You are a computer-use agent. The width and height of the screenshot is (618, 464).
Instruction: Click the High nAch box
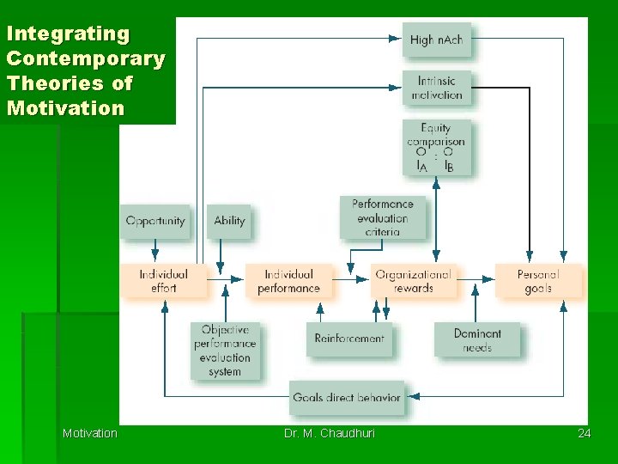(436, 40)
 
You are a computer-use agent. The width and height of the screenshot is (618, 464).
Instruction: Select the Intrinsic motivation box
(437, 88)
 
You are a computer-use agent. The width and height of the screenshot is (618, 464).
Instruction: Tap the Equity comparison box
(436, 147)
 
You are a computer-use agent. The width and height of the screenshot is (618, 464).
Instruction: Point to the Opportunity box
(154, 221)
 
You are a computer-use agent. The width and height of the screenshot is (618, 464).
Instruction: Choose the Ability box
(229, 221)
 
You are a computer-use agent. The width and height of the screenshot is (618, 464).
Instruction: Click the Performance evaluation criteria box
(382, 217)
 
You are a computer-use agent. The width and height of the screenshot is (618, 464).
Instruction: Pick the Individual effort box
(163, 281)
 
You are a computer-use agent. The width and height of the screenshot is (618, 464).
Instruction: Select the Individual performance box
(288, 281)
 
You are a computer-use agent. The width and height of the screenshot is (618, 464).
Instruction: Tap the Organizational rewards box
(413, 281)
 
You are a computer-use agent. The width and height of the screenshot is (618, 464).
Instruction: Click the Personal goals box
(538, 281)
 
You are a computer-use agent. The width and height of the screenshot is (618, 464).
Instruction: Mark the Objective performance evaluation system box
(225, 351)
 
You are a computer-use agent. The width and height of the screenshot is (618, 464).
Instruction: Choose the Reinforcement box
(349, 339)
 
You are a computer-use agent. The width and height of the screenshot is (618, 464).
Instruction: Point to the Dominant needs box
(477, 340)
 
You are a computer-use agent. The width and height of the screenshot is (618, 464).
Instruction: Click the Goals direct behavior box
(347, 398)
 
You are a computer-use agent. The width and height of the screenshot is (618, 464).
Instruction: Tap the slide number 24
(584, 433)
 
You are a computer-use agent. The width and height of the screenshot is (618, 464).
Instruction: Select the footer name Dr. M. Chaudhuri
(330, 433)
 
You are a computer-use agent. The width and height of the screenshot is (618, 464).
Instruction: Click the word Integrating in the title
(68, 34)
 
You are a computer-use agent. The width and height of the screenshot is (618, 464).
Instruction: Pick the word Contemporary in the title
(85, 59)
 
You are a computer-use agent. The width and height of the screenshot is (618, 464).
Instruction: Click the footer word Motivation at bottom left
(89, 433)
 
